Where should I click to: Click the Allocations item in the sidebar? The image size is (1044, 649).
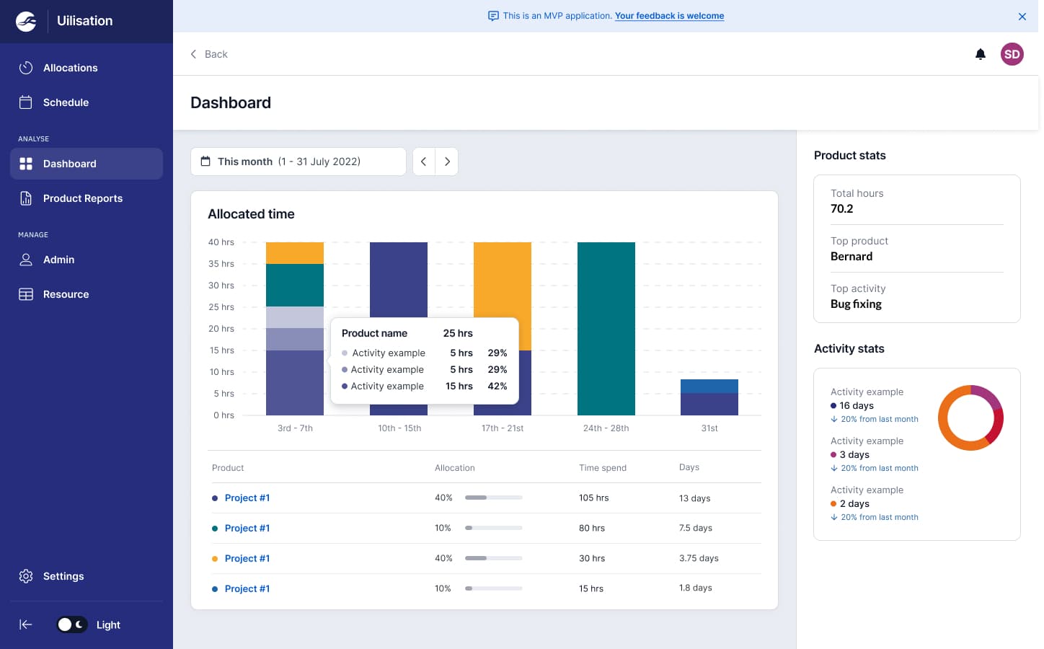tap(70, 68)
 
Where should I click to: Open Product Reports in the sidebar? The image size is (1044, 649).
tap(82, 198)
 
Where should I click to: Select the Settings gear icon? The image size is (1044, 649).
tap(26, 576)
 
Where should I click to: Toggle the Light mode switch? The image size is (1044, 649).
tap(72, 624)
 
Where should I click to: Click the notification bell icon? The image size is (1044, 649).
tap(980, 54)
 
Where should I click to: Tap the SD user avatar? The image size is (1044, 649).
tap(1012, 54)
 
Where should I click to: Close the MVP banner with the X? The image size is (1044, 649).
tap(1022, 17)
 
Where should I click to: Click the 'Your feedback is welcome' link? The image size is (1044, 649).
tap(669, 16)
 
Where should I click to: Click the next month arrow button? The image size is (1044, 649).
tap(447, 162)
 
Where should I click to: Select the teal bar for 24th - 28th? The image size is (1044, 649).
tap(606, 328)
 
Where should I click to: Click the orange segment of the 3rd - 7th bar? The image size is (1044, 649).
tap(294, 253)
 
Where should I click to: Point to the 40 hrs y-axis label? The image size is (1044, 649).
tap(221, 242)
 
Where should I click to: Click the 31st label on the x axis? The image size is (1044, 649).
tap(709, 428)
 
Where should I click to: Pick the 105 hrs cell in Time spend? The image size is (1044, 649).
tap(593, 498)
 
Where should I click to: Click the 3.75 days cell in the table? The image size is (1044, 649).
tap(698, 558)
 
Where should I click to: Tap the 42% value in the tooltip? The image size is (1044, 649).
tap(497, 387)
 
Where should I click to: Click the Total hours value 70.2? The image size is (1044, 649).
tap(841, 209)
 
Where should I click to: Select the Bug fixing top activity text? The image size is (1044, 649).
tap(856, 304)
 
